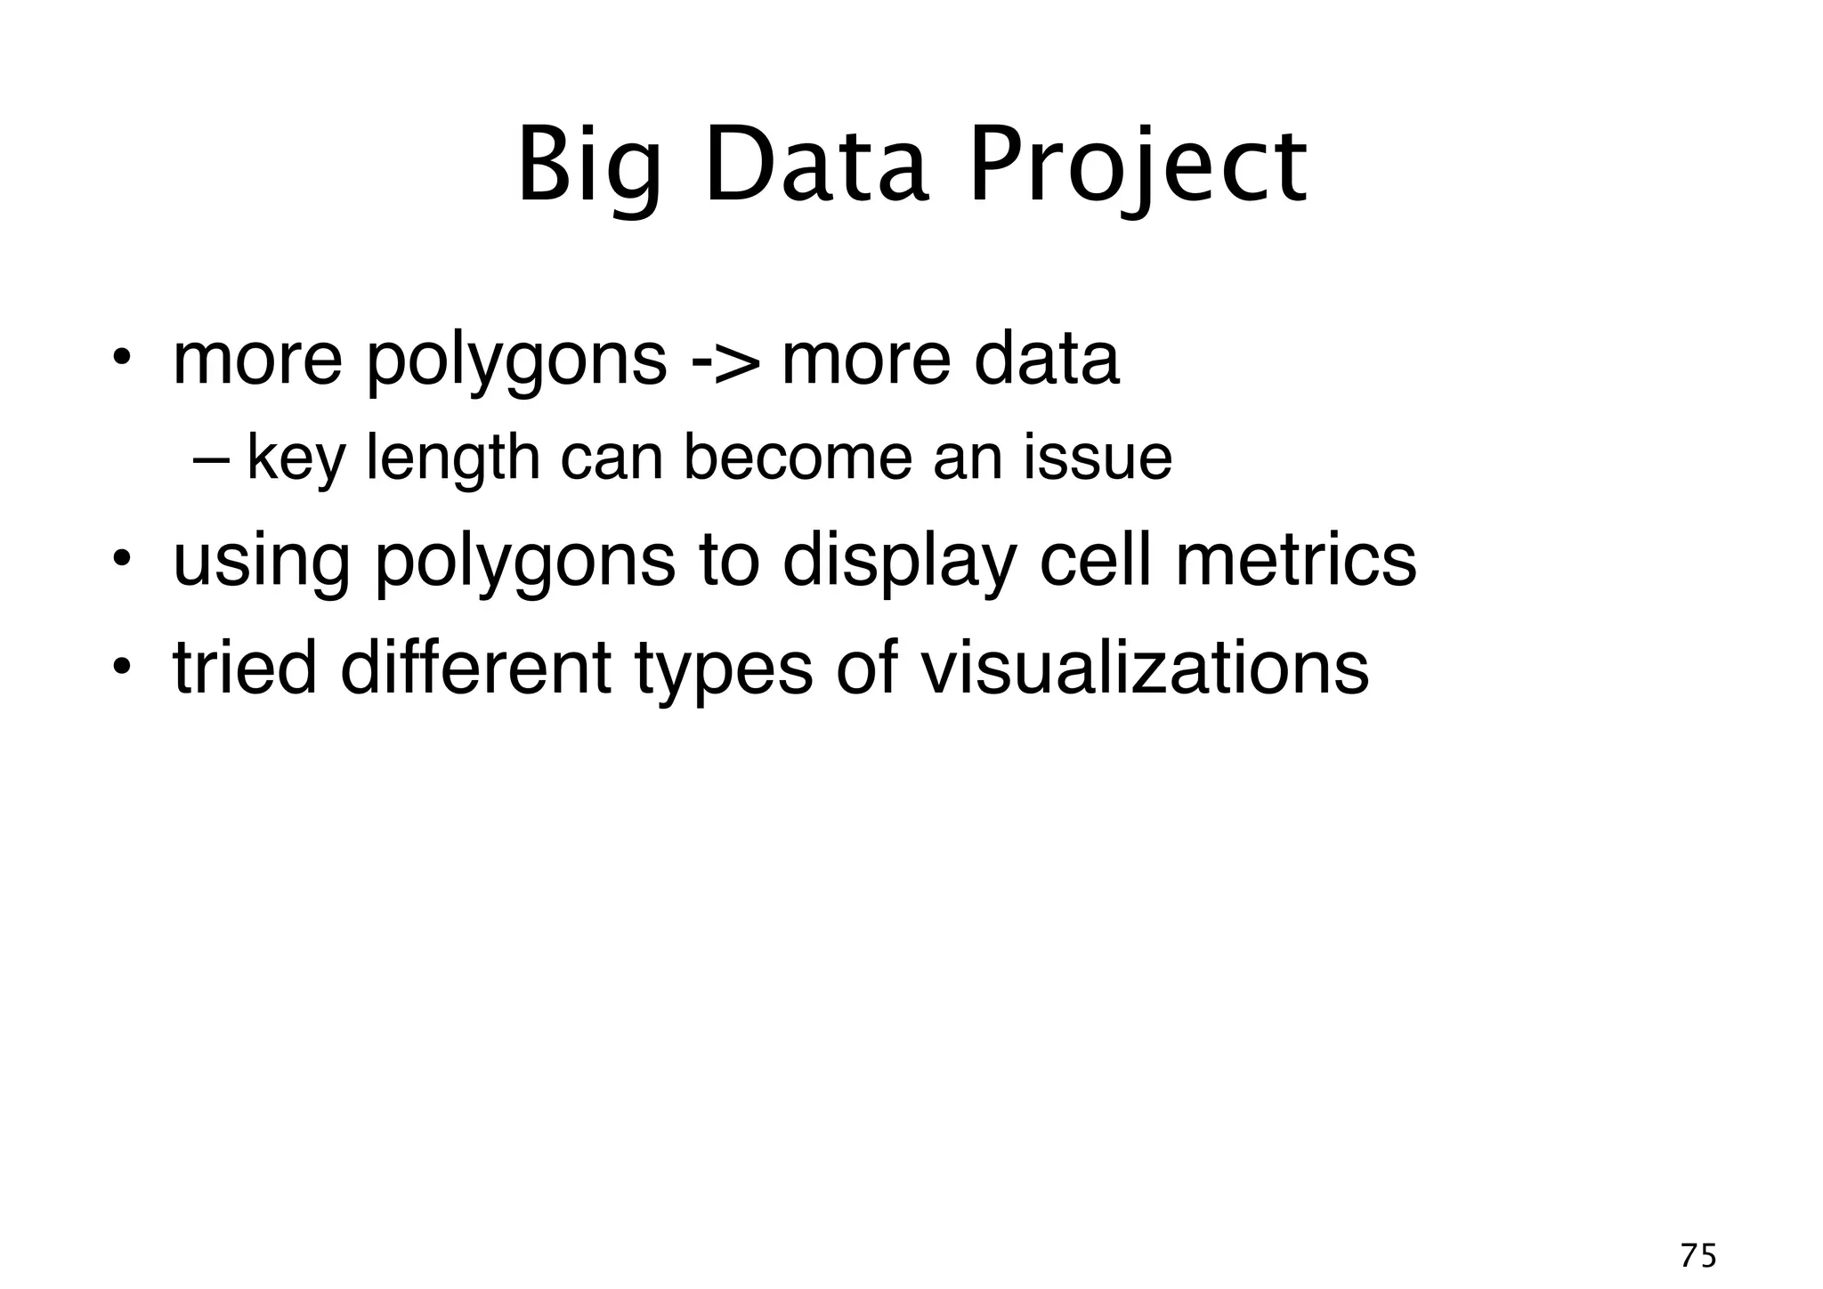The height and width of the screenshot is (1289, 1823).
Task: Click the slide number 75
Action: coord(1697,1255)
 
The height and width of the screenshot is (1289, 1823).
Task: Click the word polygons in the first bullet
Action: coord(515,361)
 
